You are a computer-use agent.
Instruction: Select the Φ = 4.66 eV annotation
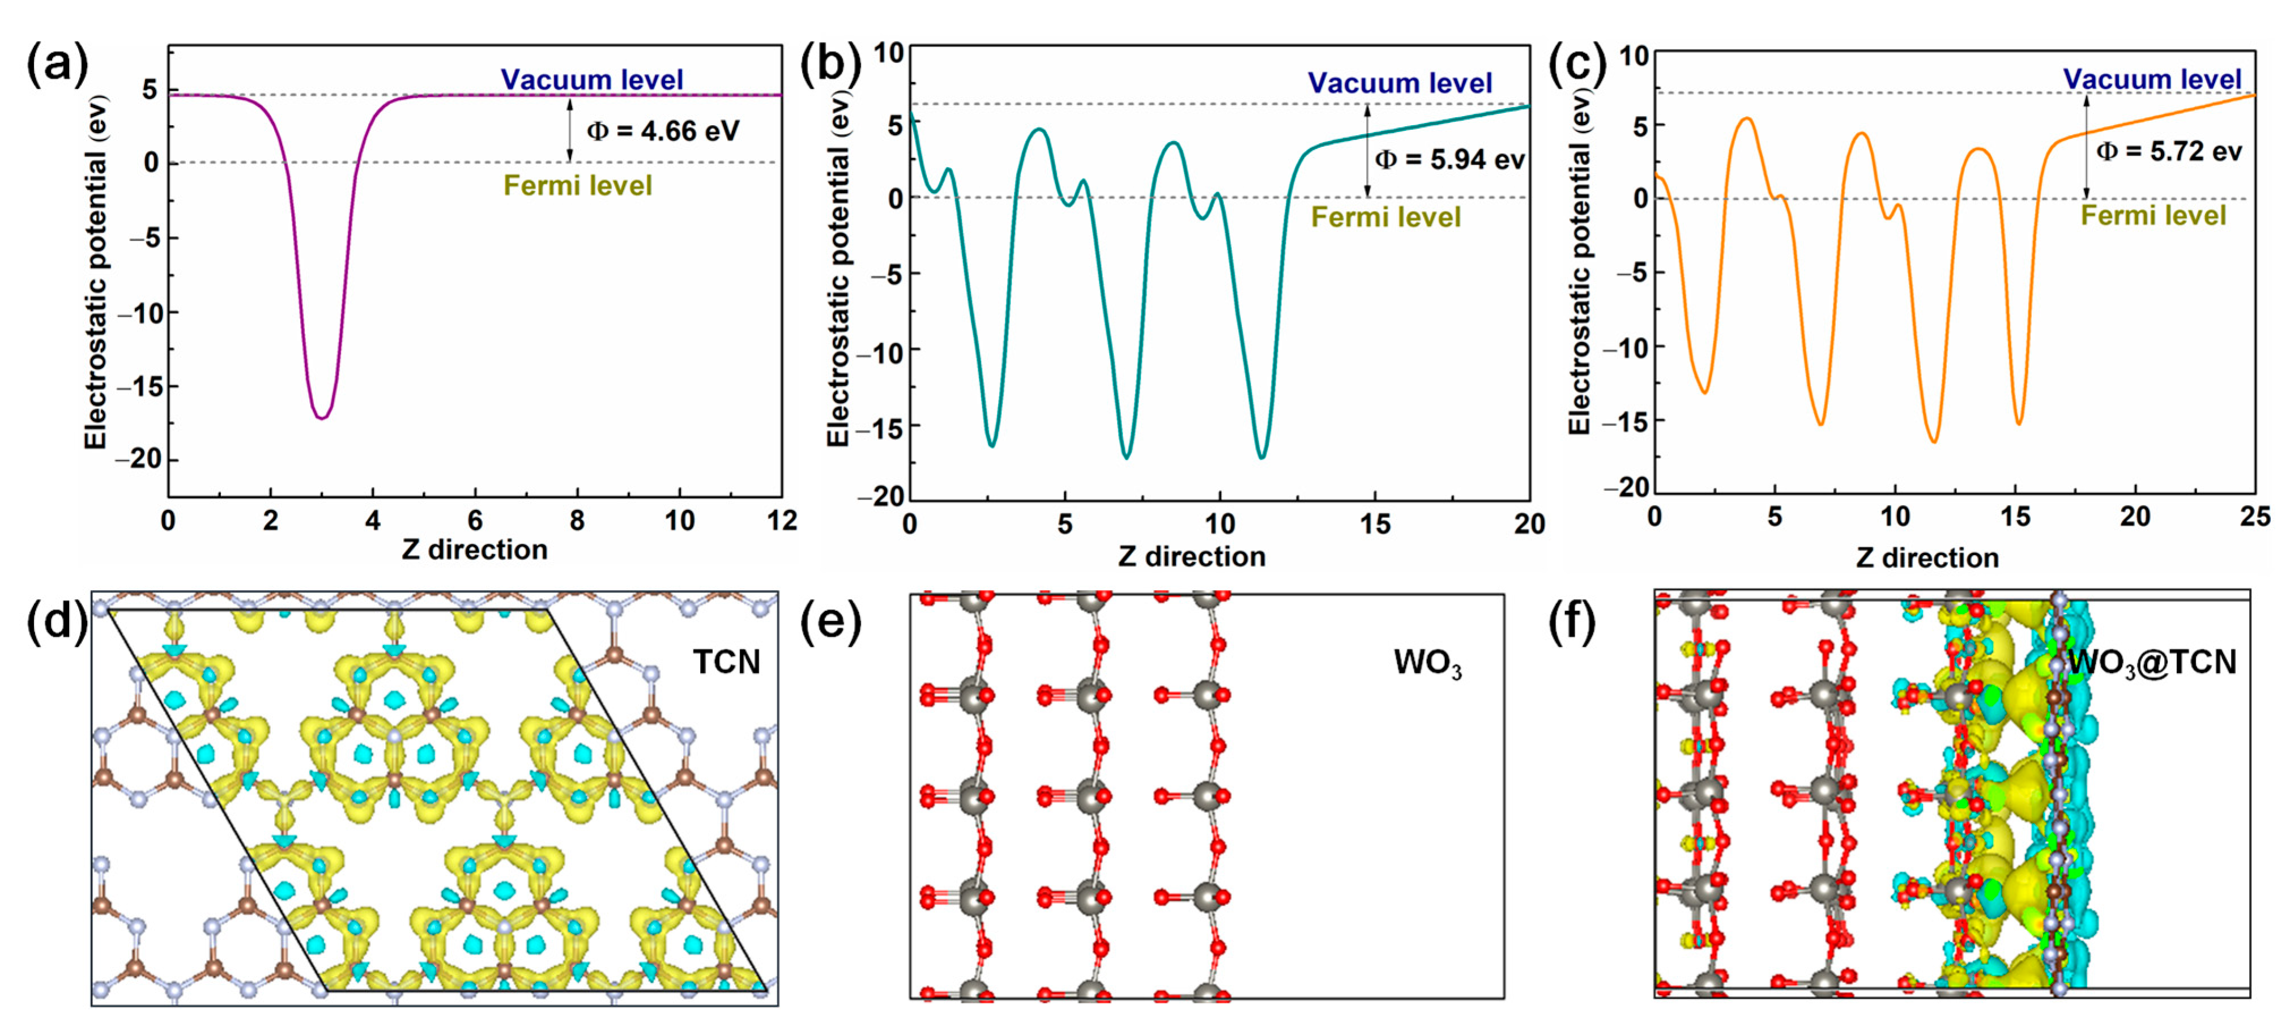[x=663, y=132]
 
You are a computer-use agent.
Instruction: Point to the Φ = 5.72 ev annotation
[x=2168, y=151]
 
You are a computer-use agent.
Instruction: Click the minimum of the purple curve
[x=322, y=417]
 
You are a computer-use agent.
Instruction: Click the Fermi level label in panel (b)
[x=1385, y=217]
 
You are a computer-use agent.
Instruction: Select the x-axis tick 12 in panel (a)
[x=781, y=521]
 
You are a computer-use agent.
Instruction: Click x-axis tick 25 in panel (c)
[x=2255, y=517]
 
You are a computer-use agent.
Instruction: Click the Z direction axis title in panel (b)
[x=1192, y=556]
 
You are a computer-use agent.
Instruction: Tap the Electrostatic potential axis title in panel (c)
[x=1579, y=263]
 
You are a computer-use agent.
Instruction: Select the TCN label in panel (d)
[x=727, y=662]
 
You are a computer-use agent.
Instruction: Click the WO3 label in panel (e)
[x=1427, y=663]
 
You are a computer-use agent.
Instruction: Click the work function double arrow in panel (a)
[x=570, y=129]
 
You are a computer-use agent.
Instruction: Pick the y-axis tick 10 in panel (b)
[x=888, y=53]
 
